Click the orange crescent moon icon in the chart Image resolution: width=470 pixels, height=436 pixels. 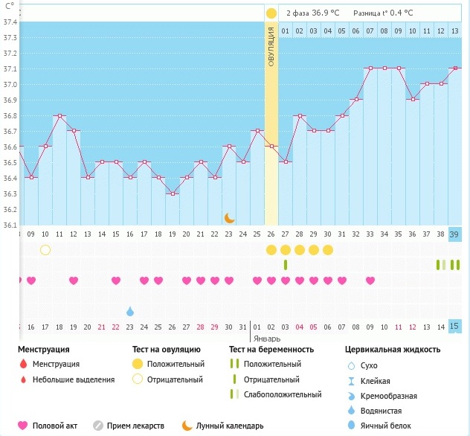(230, 217)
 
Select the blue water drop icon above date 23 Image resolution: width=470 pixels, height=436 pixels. (130, 310)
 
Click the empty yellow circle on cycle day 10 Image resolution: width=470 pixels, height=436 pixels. (45, 249)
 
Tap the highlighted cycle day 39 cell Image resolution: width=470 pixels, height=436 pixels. (454, 234)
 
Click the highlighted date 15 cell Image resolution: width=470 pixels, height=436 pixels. (454, 327)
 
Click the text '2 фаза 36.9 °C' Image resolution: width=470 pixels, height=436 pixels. (312, 13)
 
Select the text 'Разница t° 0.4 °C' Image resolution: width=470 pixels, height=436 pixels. (382, 13)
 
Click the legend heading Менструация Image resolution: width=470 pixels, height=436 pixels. (44, 349)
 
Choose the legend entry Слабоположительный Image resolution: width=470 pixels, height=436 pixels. (283, 394)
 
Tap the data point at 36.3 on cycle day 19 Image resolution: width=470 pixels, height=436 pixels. (173, 193)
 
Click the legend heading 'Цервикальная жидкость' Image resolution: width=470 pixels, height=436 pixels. (393, 349)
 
